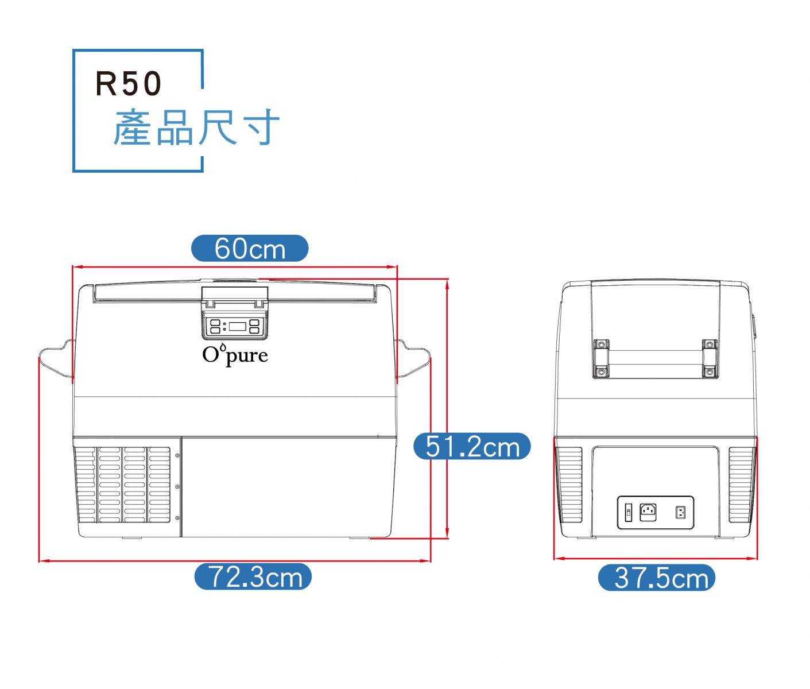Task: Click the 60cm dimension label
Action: (x=250, y=249)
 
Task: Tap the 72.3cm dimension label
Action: (x=253, y=576)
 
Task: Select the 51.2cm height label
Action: (x=472, y=447)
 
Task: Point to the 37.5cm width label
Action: (x=657, y=578)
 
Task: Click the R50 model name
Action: (x=129, y=84)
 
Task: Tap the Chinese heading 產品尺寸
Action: (x=196, y=127)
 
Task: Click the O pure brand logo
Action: (x=235, y=354)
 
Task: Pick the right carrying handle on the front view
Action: (x=413, y=360)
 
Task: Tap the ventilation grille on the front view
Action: (x=123, y=485)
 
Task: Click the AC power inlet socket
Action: (x=648, y=512)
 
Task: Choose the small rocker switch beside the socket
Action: (x=629, y=512)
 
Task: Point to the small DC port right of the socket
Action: (x=681, y=512)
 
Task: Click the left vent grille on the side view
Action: (x=570, y=485)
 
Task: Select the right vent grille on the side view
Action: (x=741, y=485)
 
